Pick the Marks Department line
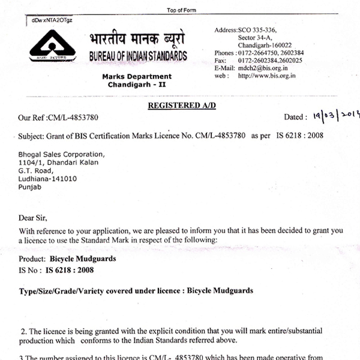pos(137,77)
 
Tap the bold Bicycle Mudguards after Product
pos(85,259)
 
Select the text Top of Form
pos(182,10)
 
